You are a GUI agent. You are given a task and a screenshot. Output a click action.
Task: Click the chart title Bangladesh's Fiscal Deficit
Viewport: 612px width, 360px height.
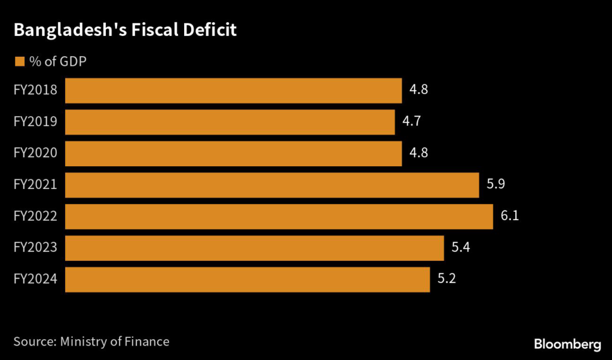(125, 30)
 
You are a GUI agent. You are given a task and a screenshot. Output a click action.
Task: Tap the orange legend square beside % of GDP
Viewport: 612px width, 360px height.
(20, 61)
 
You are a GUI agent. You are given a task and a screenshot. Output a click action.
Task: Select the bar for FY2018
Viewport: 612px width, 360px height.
(233, 90)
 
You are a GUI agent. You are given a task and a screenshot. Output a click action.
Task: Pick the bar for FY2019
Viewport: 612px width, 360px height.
(229, 122)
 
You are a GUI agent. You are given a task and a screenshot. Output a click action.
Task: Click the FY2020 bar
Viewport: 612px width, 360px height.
(233, 153)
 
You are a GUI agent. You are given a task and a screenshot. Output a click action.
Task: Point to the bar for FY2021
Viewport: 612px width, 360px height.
(272, 185)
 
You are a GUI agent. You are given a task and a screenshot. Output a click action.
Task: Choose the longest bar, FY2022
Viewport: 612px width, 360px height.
(279, 216)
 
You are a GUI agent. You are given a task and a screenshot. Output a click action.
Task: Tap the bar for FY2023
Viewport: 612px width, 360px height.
(254, 248)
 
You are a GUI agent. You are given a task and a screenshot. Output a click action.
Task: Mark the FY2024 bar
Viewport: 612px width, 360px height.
(247, 279)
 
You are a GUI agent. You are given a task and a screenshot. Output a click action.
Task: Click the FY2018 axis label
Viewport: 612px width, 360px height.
(35, 90)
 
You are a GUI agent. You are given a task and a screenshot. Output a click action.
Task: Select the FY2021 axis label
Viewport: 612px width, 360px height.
(35, 185)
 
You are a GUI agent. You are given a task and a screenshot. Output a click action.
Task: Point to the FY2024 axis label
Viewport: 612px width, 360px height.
(35, 279)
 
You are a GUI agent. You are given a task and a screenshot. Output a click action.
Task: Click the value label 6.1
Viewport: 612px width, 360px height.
(510, 216)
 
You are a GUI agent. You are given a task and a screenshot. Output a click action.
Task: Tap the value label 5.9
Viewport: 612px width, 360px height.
(496, 185)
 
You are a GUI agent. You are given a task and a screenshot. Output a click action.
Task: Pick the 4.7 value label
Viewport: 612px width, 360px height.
(412, 122)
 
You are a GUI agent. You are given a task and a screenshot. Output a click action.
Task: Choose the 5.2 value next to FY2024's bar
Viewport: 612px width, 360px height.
(446, 279)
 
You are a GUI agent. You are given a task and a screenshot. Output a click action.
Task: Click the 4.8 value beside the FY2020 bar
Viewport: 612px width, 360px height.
(419, 153)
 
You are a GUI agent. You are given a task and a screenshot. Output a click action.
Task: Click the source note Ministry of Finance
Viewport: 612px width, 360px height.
(91, 341)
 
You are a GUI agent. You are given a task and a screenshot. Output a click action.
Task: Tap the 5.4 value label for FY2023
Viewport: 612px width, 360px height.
(461, 248)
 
